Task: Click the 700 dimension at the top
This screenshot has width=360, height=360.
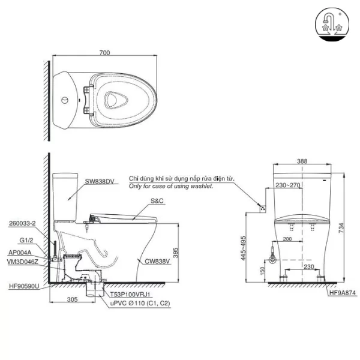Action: [105, 53]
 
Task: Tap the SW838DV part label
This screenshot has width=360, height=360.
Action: [100, 181]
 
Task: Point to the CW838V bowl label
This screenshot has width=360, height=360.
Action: [156, 261]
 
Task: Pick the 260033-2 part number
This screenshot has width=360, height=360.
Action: [23, 223]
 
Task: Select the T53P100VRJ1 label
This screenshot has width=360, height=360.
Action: [130, 295]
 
